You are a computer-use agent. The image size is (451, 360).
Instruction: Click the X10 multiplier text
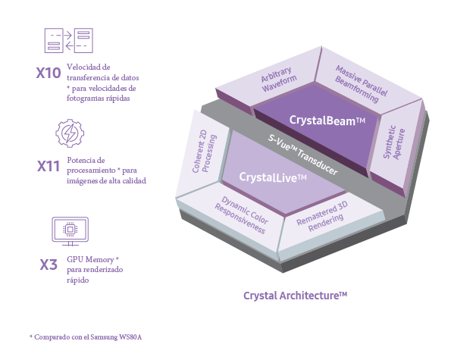49,73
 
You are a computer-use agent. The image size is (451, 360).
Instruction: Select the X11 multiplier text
49,166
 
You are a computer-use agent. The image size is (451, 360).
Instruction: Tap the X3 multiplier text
49,265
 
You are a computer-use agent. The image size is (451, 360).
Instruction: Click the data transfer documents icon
69,40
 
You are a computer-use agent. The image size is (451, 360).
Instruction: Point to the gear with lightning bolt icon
70,133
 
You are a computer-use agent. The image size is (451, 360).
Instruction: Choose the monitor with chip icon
70,231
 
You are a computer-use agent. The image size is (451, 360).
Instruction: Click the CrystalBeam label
327,121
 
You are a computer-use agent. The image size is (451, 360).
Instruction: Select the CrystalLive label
273,177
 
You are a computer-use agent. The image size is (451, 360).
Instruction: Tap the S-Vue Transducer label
303,155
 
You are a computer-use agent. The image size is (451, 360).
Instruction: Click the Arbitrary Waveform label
278,80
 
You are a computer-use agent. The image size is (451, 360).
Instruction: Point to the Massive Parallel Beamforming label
361,84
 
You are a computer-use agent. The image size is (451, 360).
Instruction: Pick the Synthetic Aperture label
394,142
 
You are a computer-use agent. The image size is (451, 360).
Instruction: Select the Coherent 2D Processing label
204,152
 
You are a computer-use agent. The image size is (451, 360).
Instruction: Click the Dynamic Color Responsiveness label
241,215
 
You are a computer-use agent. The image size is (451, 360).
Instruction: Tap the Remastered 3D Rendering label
322,216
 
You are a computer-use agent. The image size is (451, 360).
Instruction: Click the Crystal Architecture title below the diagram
295,296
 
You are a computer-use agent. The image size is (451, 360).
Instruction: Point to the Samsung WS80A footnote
86,337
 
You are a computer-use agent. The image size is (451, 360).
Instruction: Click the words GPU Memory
90,260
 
